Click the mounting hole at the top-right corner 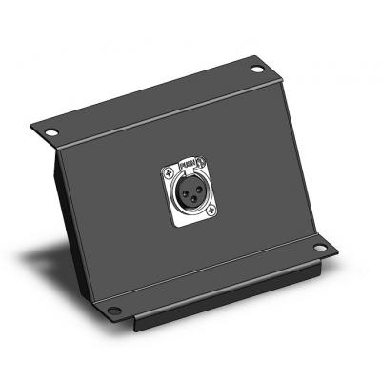pos(259,70)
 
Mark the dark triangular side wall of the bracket pos(70,229)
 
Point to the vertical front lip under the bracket pos(229,295)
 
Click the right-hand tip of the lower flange pos(337,250)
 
